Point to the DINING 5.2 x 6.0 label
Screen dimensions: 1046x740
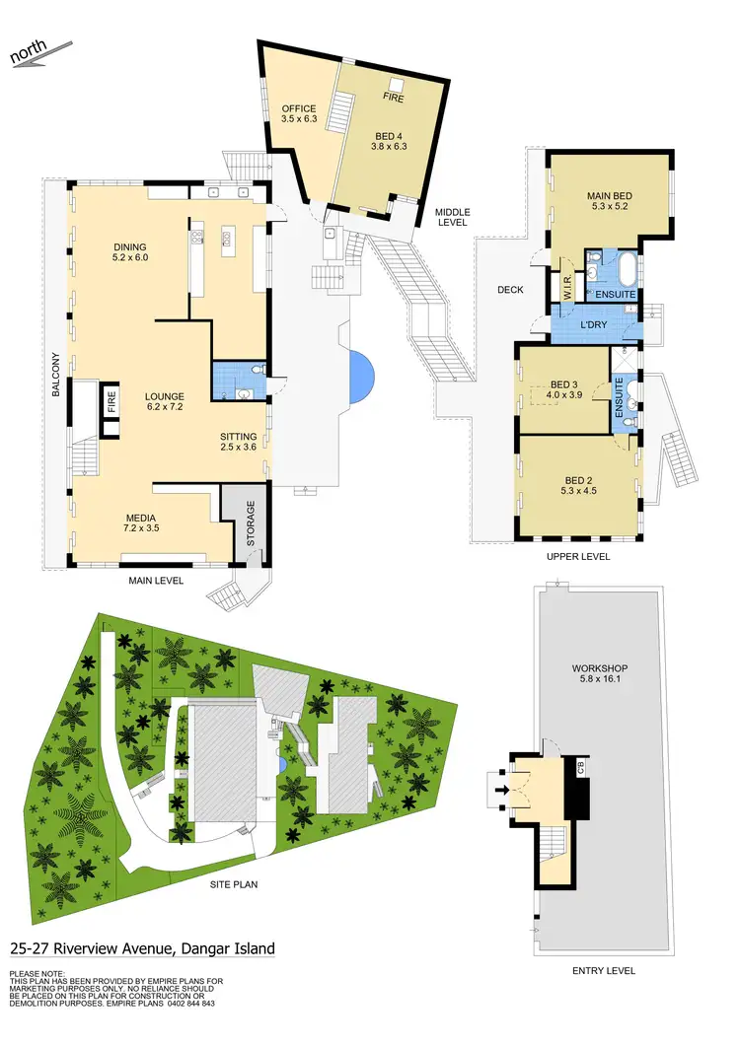point(130,252)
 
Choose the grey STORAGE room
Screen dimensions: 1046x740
point(237,519)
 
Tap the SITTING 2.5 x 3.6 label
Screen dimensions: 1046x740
point(238,442)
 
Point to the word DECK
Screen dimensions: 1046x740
point(510,290)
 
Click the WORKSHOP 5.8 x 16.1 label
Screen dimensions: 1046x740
point(600,674)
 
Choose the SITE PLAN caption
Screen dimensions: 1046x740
point(234,884)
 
